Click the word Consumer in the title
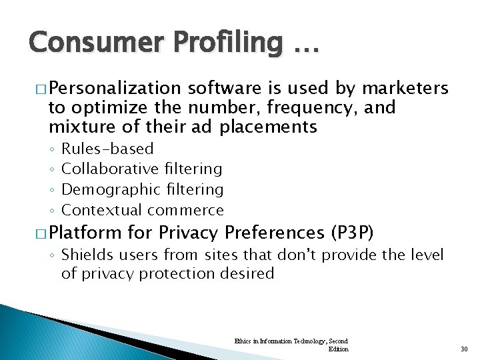point(85,43)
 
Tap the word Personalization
point(114,89)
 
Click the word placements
point(271,127)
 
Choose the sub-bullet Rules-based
point(107,149)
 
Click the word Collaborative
point(110,169)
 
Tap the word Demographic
point(109,190)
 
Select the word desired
point(249,274)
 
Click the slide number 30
point(465,349)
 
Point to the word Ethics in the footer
point(243,341)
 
